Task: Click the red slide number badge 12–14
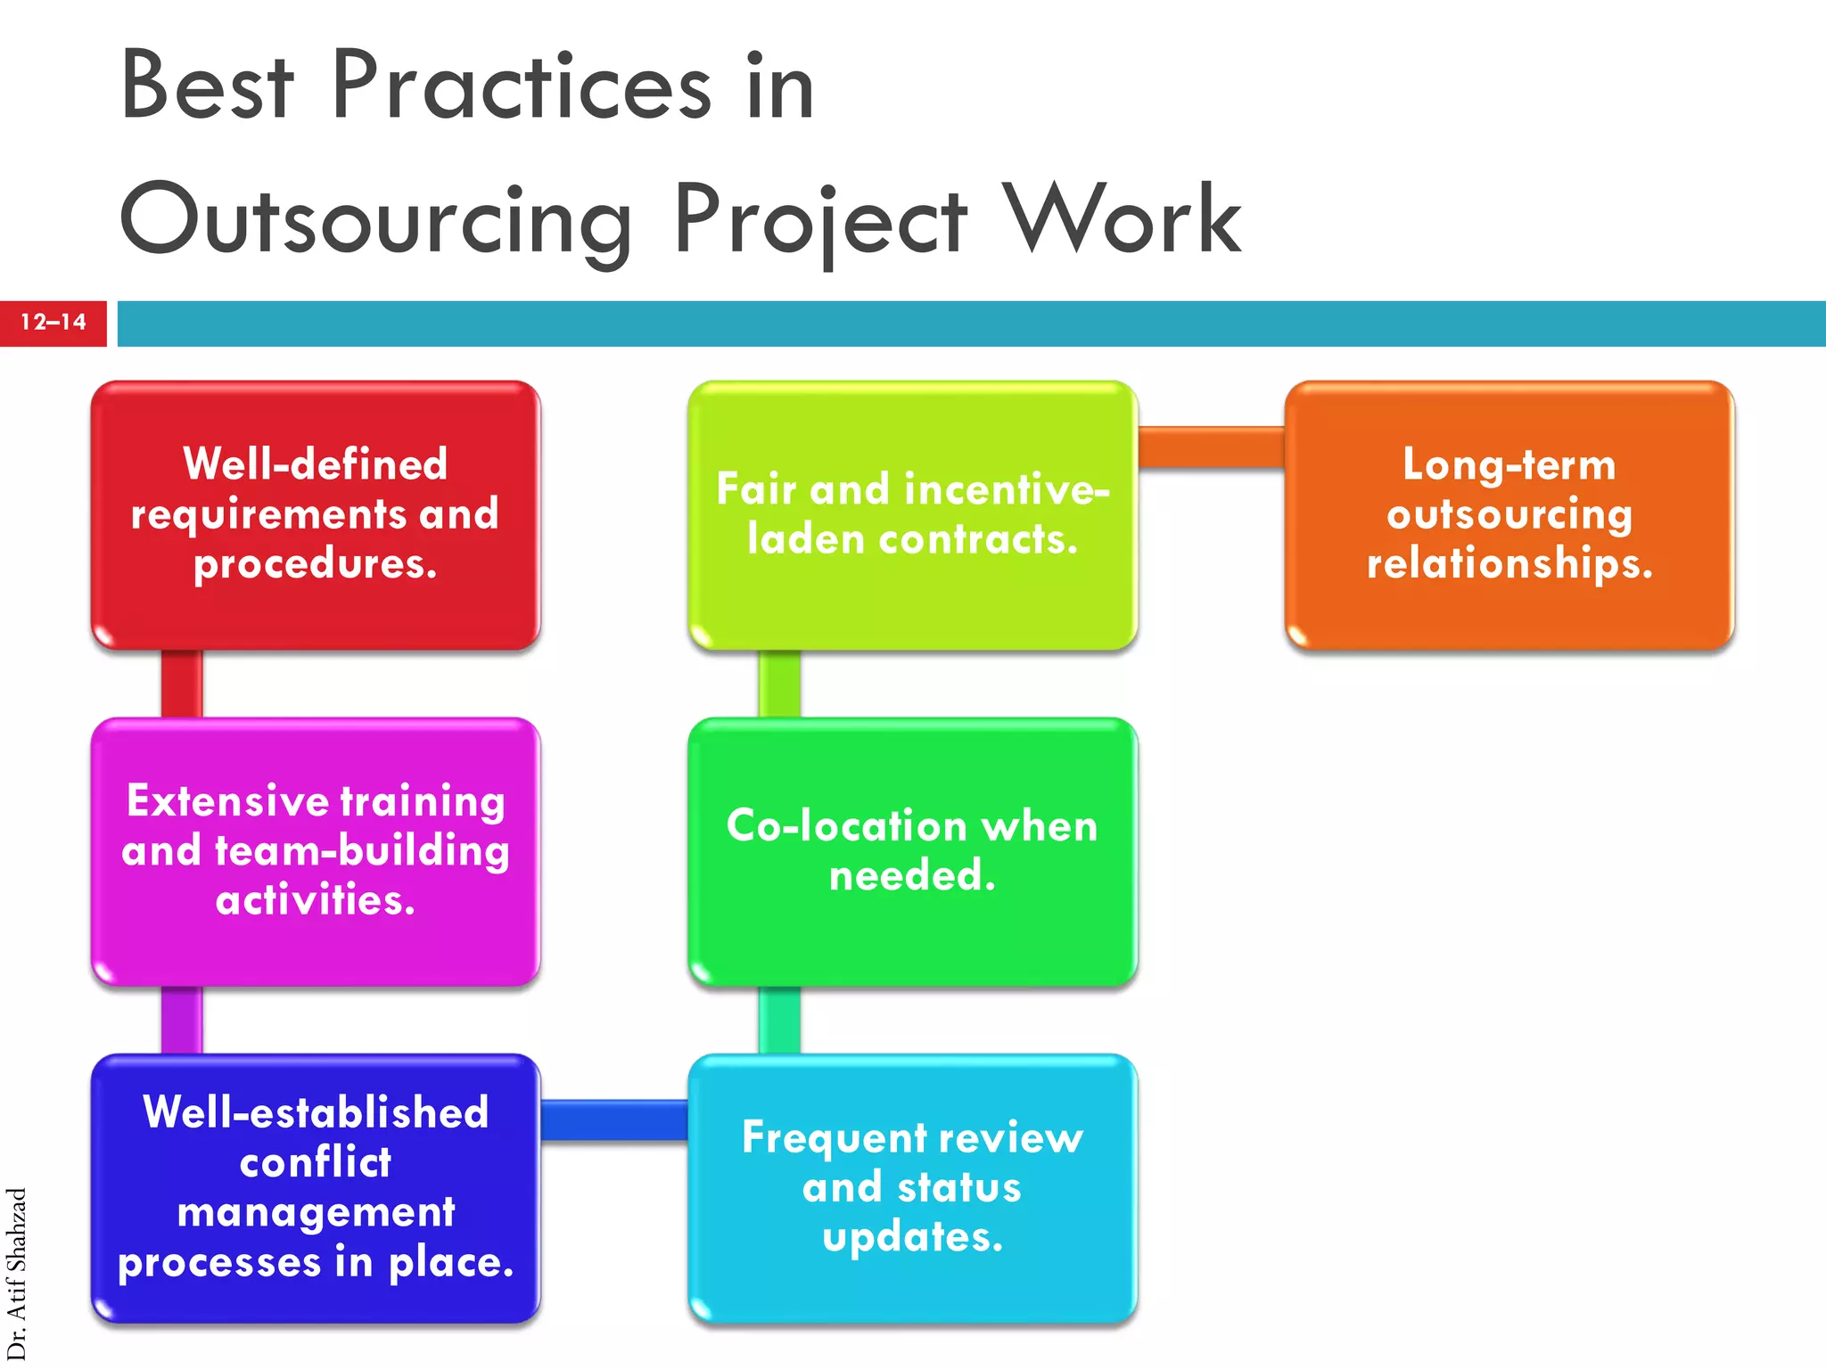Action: coord(53,323)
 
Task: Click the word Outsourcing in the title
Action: coord(374,219)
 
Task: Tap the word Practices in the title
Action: coord(521,86)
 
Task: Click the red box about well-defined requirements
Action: coord(316,515)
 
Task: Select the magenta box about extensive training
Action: coord(316,851)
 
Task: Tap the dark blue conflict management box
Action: coord(316,1187)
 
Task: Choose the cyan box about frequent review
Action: coord(912,1187)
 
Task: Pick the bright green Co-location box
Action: coord(912,851)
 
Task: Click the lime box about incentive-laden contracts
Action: coord(912,515)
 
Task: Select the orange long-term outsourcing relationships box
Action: coord(1509,515)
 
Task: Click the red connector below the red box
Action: coord(182,684)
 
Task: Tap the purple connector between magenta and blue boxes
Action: coord(182,1020)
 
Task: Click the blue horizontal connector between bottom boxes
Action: coord(614,1119)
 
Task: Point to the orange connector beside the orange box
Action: coord(1211,447)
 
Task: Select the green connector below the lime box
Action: coord(779,684)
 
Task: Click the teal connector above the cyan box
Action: coord(779,1020)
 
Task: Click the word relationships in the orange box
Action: coord(1509,564)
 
